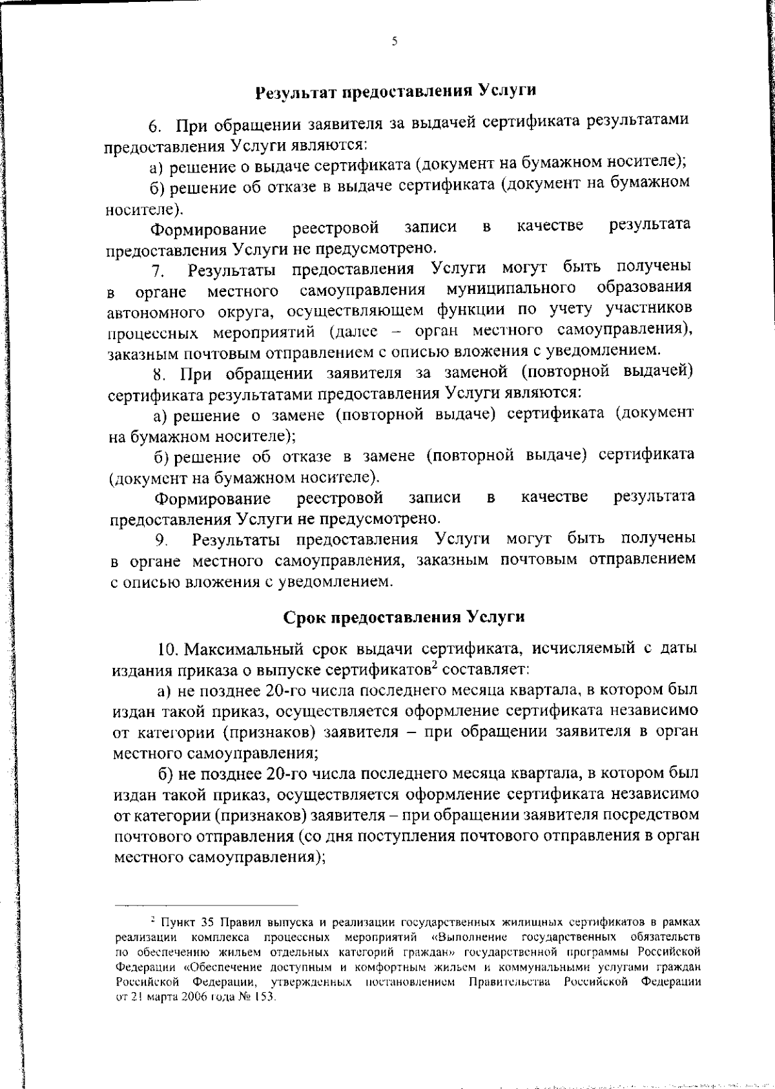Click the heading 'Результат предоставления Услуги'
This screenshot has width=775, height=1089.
[x=396, y=91]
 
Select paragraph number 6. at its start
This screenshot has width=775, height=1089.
[x=154, y=124]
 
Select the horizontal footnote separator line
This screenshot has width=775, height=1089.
[x=206, y=905]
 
